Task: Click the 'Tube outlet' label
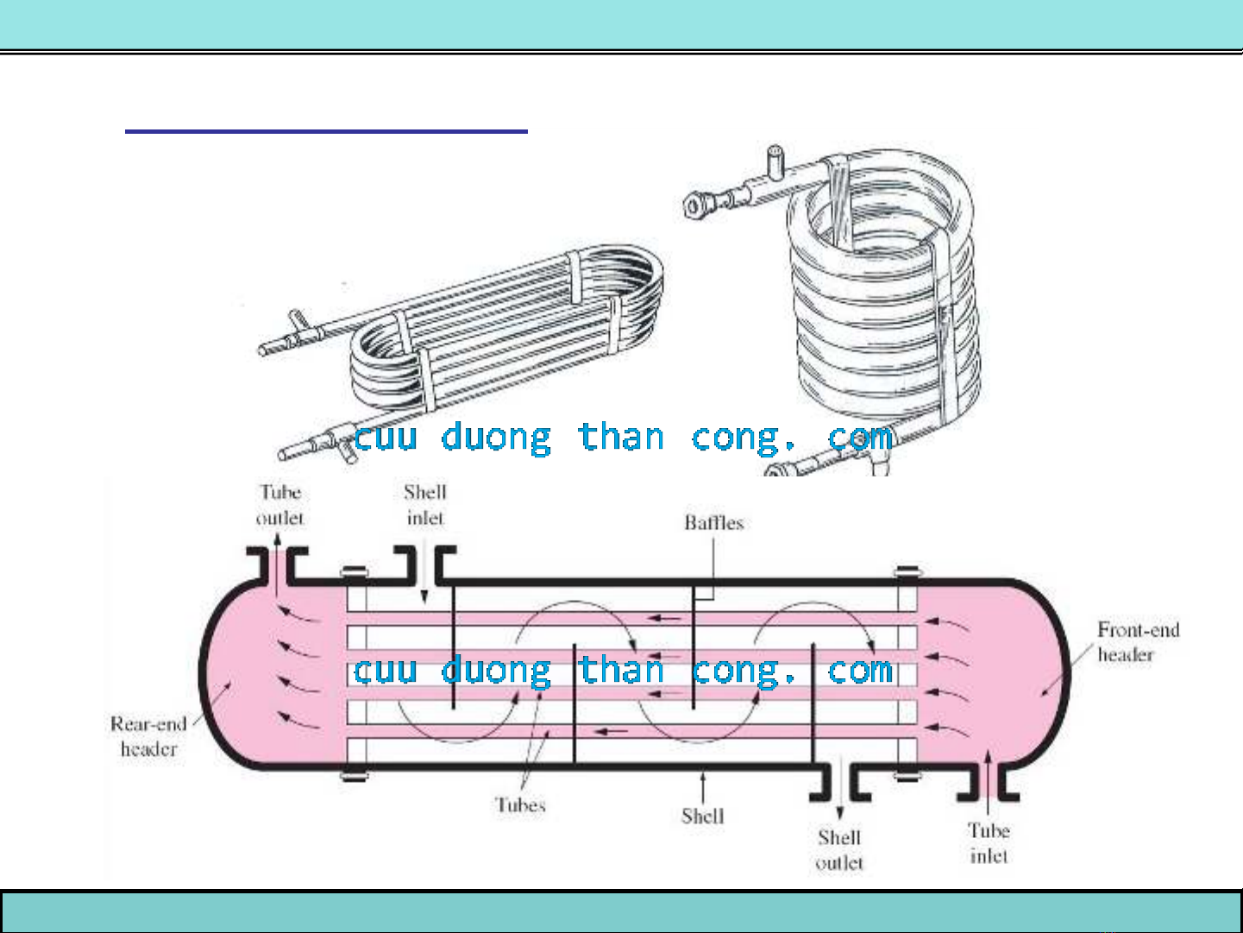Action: pos(280,505)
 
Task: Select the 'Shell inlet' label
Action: pos(425,505)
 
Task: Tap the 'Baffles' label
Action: pos(713,522)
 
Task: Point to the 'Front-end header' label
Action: pos(1138,642)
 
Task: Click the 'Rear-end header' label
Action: pos(148,736)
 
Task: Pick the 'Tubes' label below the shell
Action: pos(520,805)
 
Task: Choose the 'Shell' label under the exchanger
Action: pos(702,816)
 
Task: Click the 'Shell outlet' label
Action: pos(839,849)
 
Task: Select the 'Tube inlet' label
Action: pos(989,843)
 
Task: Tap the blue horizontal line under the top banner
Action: pos(326,131)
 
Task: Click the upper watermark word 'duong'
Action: pos(495,438)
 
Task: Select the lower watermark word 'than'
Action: pos(621,671)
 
